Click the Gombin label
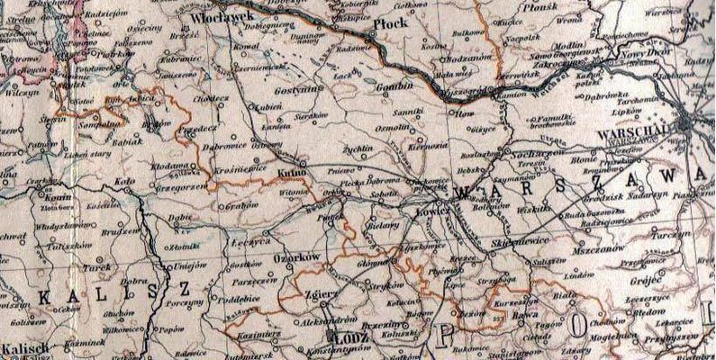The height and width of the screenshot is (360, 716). (x=393, y=87)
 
